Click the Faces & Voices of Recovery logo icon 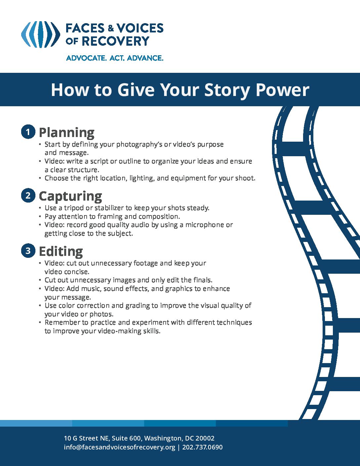click(x=40, y=34)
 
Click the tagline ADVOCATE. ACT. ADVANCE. click(x=114, y=58)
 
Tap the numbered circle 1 click(x=28, y=132)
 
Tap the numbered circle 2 click(x=28, y=195)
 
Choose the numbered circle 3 click(x=28, y=251)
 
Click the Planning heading click(x=67, y=132)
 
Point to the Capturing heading click(x=70, y=196)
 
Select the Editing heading click(x=61, y=251)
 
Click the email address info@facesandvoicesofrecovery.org click(x=119, y=447)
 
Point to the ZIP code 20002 click(x=205, y=439)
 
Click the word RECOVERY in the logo click(x=115, y=41)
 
